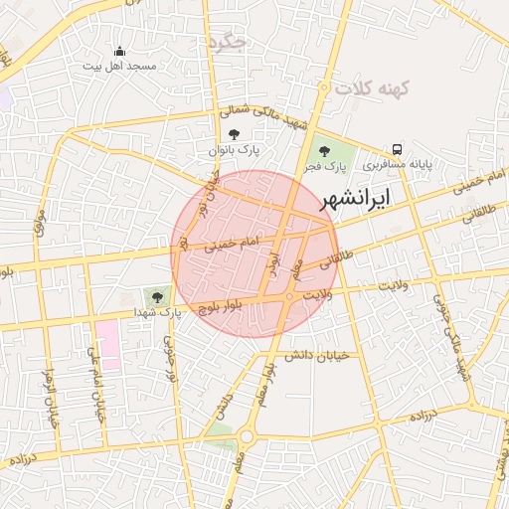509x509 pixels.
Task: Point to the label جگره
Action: coord(228,42)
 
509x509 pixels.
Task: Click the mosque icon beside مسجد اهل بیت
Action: coord(120,51)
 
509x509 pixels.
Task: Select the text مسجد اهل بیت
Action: coord(121,66)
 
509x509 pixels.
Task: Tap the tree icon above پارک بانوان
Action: coord(234,134)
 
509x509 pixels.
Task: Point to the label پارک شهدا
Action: coord(160,311)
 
